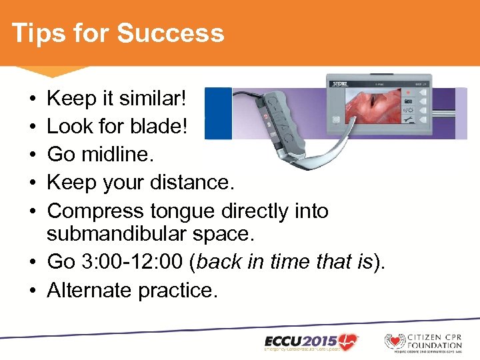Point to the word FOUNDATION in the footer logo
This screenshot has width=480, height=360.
pyautogui.click(x=435, y=345)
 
